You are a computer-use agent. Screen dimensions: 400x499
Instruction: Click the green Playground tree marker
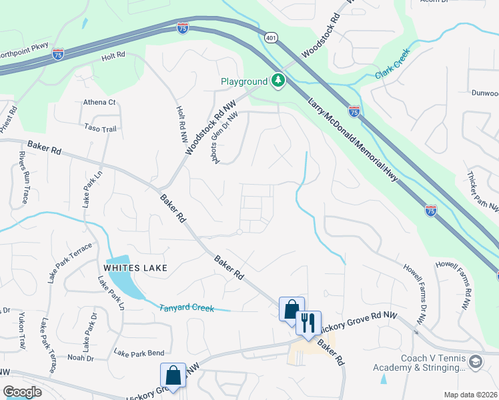click(278, 81)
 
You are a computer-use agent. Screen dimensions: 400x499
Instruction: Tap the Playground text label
click(244, 82)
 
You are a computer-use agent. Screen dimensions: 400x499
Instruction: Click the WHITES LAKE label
click(134, 268)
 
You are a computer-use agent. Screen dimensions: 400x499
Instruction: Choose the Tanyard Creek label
click(186, 308)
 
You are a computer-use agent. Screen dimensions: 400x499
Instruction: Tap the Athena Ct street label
click(99, 103)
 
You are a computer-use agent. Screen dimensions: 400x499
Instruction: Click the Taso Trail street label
click(101, 127)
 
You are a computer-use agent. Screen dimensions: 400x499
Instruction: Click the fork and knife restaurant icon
click(308, 323)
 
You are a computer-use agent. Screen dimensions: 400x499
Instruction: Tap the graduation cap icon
click(476, 362)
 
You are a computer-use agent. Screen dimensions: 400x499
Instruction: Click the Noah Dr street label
click(80, 357)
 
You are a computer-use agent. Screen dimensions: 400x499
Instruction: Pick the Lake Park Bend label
click(139, 353)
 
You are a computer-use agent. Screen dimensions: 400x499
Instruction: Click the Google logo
click(22, 392)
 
